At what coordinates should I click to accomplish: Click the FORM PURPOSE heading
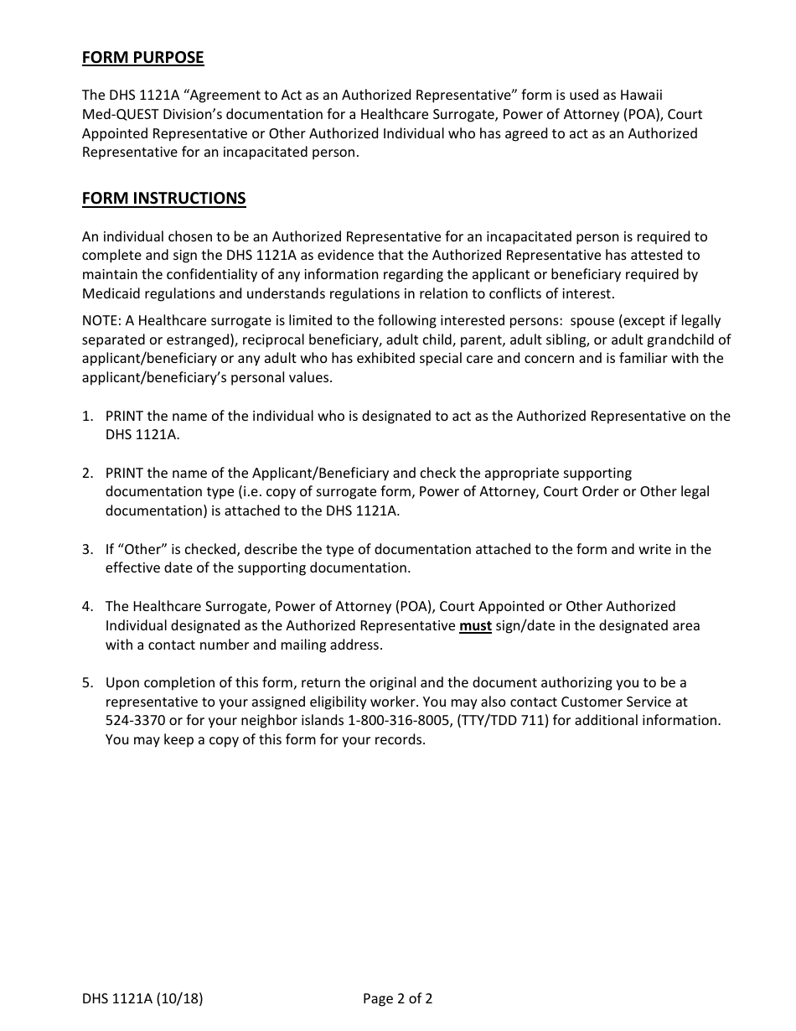point(142,58)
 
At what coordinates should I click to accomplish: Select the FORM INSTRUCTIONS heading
point(163,199)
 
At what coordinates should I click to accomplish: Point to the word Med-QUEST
point(117,115)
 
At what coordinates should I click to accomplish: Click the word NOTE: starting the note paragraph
point(101,320)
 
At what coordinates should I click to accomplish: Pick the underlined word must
point(475,626)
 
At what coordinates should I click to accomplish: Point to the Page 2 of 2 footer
point(397,998)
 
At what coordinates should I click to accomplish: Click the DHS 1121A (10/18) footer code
point(142,998)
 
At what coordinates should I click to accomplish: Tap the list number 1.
point(87,416)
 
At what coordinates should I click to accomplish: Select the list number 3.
point(87,550)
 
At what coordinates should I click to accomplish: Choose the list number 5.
point(87,683)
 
